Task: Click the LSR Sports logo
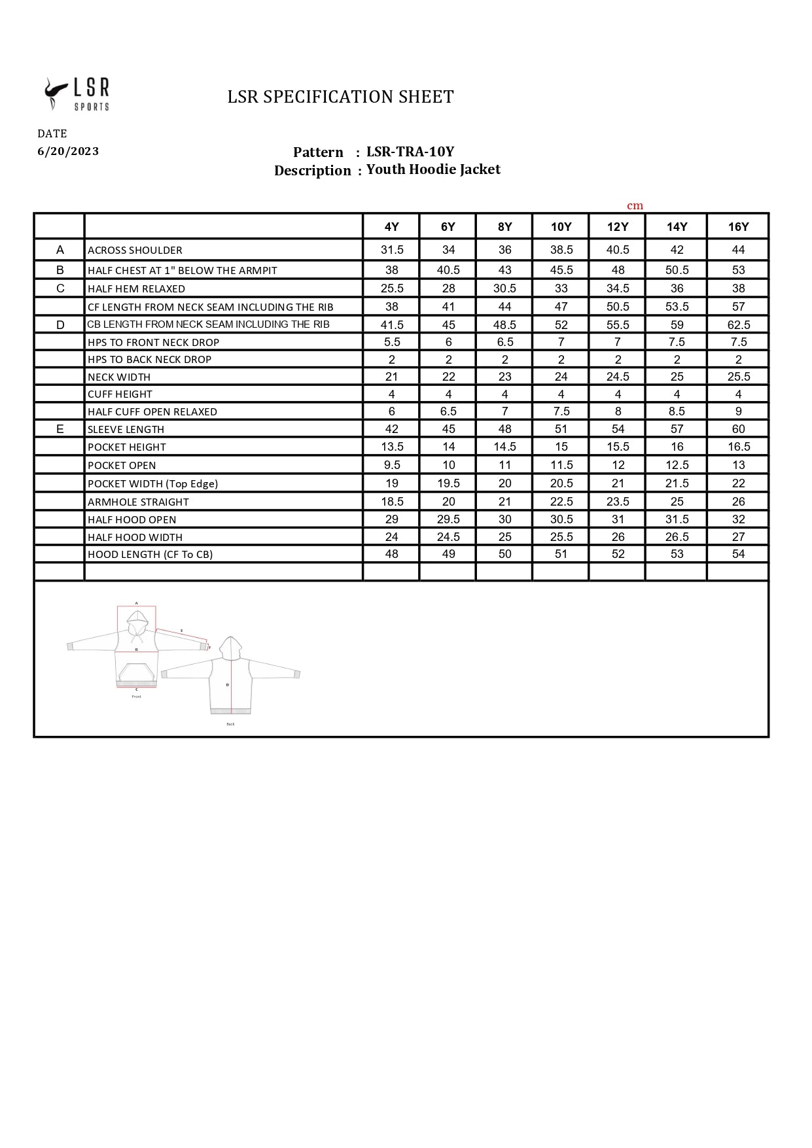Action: tap(77, 94)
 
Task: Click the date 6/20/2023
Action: tap(68, 151)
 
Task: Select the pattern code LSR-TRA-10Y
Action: tap(410, 152)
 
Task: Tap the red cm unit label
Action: tap(635, 205)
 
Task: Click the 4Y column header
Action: tap(391, 226)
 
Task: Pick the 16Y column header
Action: tap(738, 226)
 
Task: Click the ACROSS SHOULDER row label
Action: tap(135, 250)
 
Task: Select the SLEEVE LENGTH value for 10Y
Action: tap(561, 429)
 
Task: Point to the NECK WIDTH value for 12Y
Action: tap(618, 377)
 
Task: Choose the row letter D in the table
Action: tap(60, 324)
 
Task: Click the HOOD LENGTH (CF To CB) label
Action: tap(150, 554)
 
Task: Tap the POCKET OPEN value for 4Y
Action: tap(391, 465)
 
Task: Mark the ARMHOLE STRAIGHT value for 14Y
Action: tap(677, 502)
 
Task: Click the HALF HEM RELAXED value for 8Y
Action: tap(504, 288)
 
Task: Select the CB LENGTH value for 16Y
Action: tap(738, 324)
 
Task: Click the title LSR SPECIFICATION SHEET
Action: tap(340, 97)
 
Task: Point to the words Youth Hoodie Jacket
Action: tap(433, 169)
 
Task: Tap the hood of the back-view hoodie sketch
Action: tap(230, 648)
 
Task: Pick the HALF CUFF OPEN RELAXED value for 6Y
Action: tap(448, 411)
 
